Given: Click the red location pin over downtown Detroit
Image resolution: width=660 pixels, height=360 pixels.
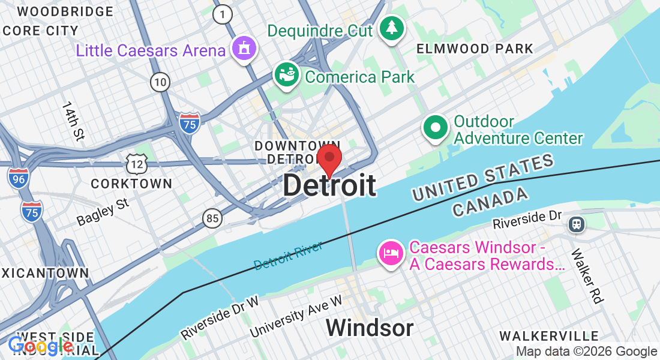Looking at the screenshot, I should point(329,158).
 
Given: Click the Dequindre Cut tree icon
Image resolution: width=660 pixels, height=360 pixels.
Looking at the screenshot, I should point(392,28).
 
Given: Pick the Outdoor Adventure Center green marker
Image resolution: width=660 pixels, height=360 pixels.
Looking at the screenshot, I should point(436,128).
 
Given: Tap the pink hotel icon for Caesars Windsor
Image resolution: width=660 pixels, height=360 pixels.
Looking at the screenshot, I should point(391,253).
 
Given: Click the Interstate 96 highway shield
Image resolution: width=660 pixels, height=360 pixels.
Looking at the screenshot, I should point(17,178).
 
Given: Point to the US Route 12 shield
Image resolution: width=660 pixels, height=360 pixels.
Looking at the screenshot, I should point(137,162).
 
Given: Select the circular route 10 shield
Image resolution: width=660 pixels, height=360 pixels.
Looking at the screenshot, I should point(160,82).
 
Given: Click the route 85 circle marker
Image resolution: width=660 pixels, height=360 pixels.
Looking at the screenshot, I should point(212,218).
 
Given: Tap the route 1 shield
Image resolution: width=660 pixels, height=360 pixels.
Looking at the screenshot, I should point(223,14).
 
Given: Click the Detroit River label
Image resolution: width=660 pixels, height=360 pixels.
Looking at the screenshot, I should point(288,255).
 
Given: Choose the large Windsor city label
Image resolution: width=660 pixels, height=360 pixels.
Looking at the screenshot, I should point(370,328).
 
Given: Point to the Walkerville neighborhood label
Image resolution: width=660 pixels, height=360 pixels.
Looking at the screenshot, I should point(549,335).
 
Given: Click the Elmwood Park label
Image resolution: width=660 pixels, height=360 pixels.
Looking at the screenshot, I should point(475,49).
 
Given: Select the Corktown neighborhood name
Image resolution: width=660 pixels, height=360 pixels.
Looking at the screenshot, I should point(131,183).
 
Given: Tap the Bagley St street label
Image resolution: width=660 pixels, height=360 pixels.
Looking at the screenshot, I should point(103,212).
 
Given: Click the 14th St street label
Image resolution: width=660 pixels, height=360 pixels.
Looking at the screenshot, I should point(71,121).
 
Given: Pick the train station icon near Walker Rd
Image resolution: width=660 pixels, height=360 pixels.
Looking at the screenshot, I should point(577,224).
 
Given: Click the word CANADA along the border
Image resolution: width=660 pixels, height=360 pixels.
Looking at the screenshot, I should point(491,202).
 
